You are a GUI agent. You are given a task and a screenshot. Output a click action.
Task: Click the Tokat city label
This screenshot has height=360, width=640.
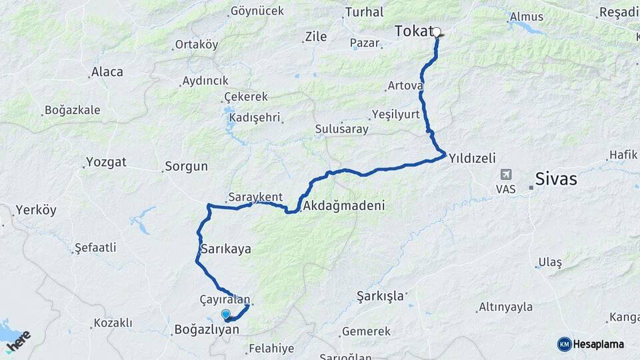(413, 31)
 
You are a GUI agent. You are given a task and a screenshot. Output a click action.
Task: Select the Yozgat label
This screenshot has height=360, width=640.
(106, 162)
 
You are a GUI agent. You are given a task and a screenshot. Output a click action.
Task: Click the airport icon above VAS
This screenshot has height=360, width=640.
(506, 174)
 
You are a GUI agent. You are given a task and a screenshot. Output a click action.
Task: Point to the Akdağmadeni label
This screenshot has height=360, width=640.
(344, 207)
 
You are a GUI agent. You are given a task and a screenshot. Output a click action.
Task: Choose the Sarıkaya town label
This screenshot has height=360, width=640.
(225, 249)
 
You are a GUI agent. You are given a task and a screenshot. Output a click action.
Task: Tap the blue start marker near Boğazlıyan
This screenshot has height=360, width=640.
(225, 315)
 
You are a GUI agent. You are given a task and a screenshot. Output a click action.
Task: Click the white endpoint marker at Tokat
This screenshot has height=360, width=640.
(437, 31)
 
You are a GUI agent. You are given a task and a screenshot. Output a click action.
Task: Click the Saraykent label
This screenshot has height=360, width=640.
(255, 197)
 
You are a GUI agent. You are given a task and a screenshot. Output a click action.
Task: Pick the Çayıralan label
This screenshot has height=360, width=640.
(224, 300)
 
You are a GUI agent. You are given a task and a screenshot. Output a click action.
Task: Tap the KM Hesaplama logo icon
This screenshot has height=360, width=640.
(564, 344)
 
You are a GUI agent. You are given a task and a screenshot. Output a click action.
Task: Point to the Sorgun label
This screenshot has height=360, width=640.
(187, 166)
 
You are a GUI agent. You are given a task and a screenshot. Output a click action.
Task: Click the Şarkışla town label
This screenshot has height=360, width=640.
(380, 295)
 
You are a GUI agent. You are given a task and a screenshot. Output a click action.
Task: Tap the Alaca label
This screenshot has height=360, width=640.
(107, 72)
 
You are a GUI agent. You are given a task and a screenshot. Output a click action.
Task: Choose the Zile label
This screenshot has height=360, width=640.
(315, 37)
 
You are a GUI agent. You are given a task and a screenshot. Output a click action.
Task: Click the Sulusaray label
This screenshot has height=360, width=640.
(342, 129)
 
